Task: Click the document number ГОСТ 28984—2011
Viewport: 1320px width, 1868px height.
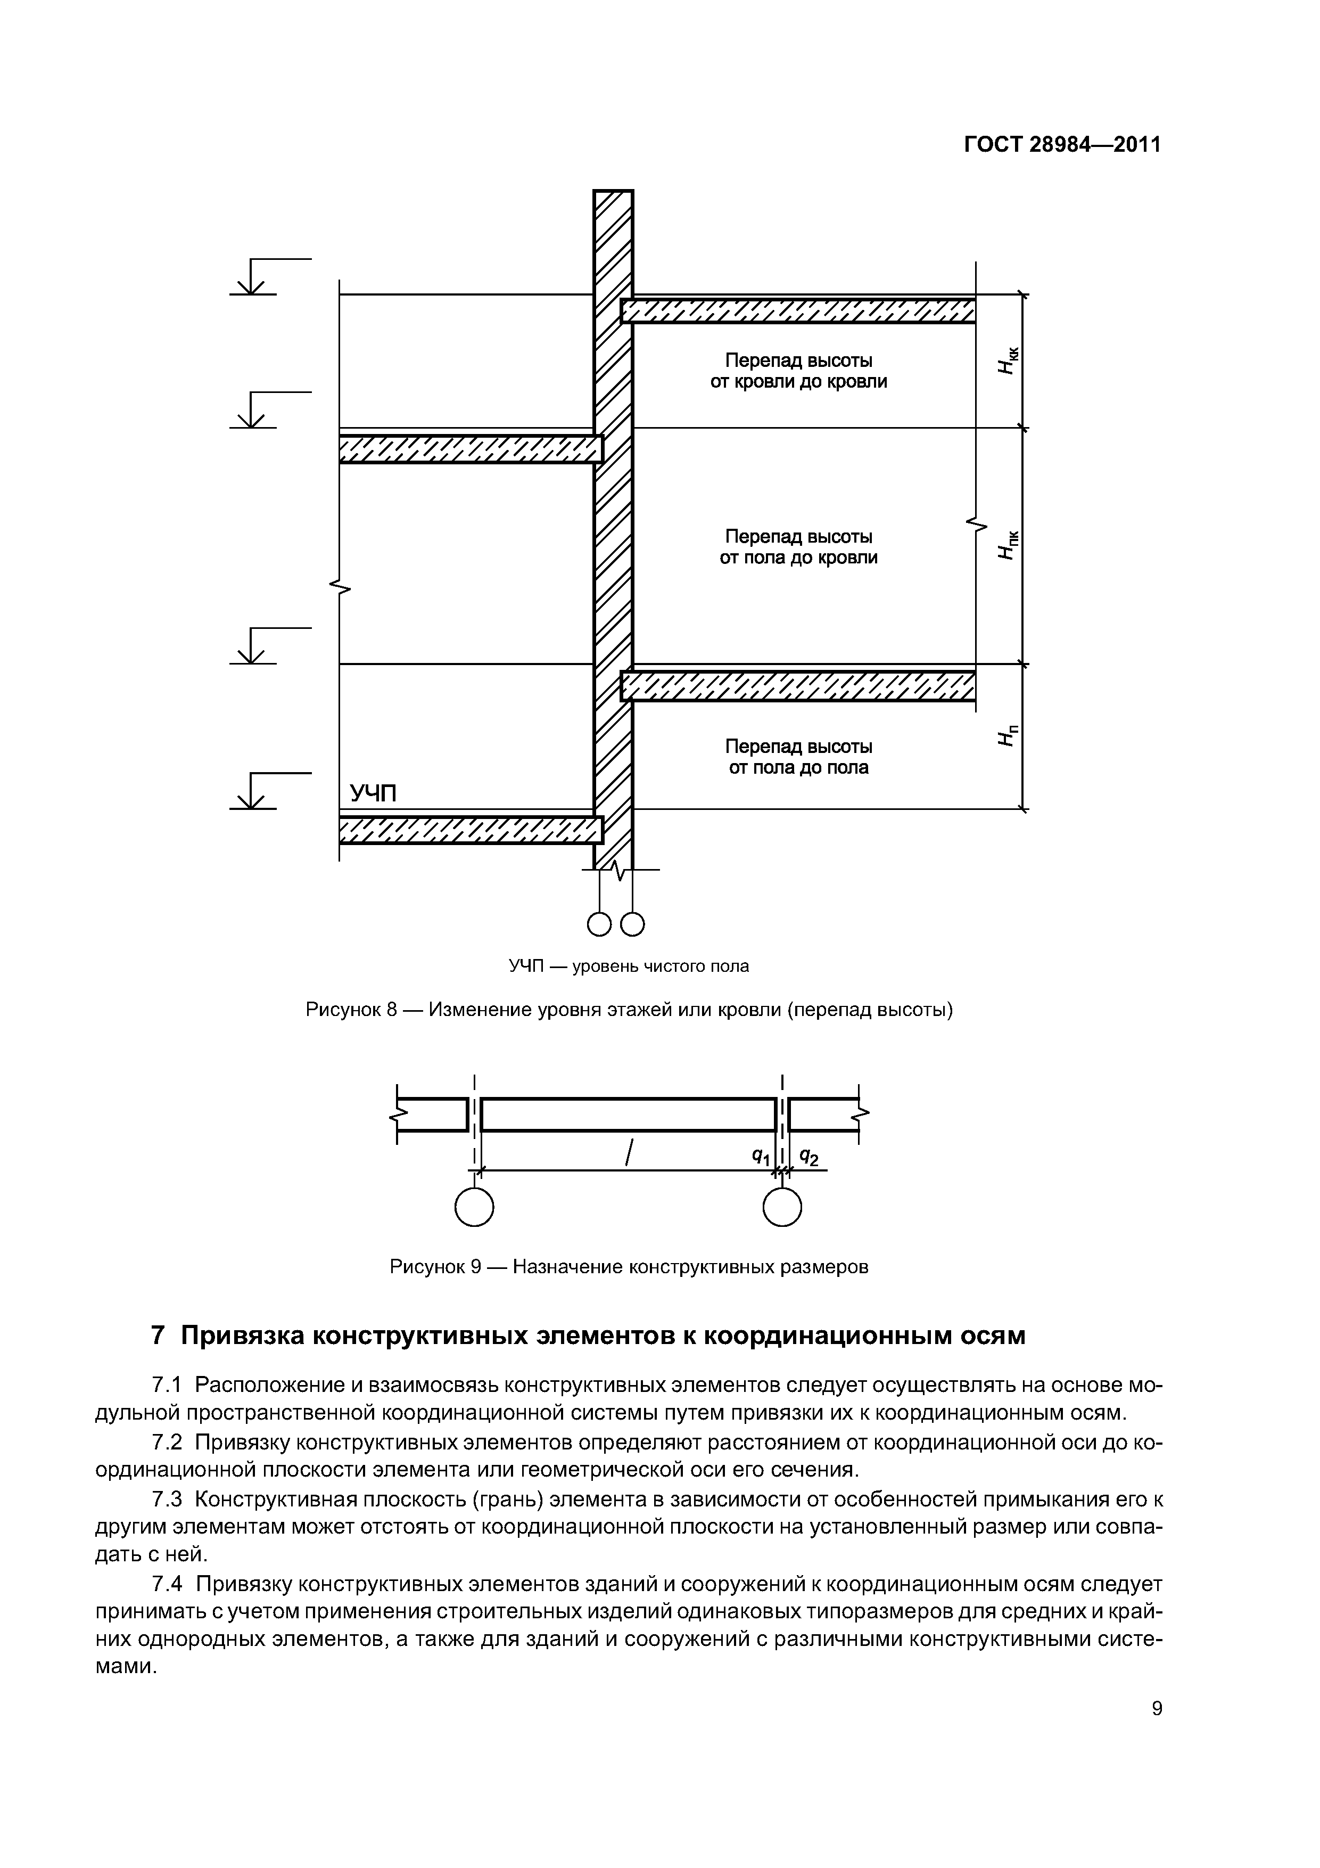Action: [1061, 145]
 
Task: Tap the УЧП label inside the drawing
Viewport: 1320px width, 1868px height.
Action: [373, 793]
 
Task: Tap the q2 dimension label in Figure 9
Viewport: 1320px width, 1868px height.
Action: [808, 1156]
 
